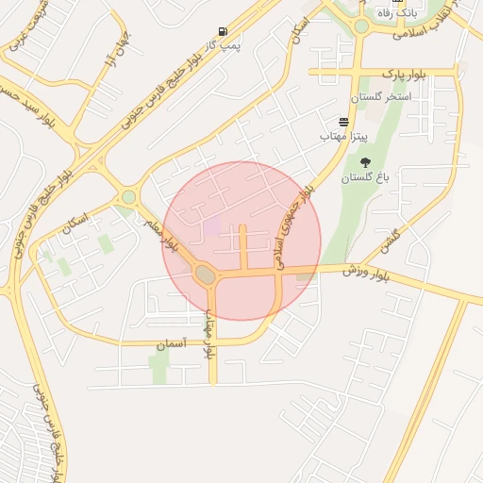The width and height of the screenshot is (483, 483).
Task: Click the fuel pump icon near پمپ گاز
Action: click(x=223, y=31)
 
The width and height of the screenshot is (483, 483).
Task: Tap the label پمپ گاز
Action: click(x=225, y=45)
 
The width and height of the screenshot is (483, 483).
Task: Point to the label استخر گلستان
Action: click(x=381, y=97)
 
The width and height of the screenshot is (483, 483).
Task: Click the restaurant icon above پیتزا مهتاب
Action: click(x=342, y=123)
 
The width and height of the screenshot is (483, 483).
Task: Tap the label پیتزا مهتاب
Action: click(x=338, y=138)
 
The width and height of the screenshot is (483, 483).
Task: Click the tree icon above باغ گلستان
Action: click(x=365, y=161)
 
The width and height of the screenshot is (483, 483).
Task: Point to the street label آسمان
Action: click(x=171, y=346)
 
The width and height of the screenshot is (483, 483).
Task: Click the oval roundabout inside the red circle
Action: click(x=205, y=275)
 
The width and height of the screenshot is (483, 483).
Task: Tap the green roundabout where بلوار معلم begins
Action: click(x=128, y=197)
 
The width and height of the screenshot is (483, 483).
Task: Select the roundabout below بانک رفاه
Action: click(x=361, y=26)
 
